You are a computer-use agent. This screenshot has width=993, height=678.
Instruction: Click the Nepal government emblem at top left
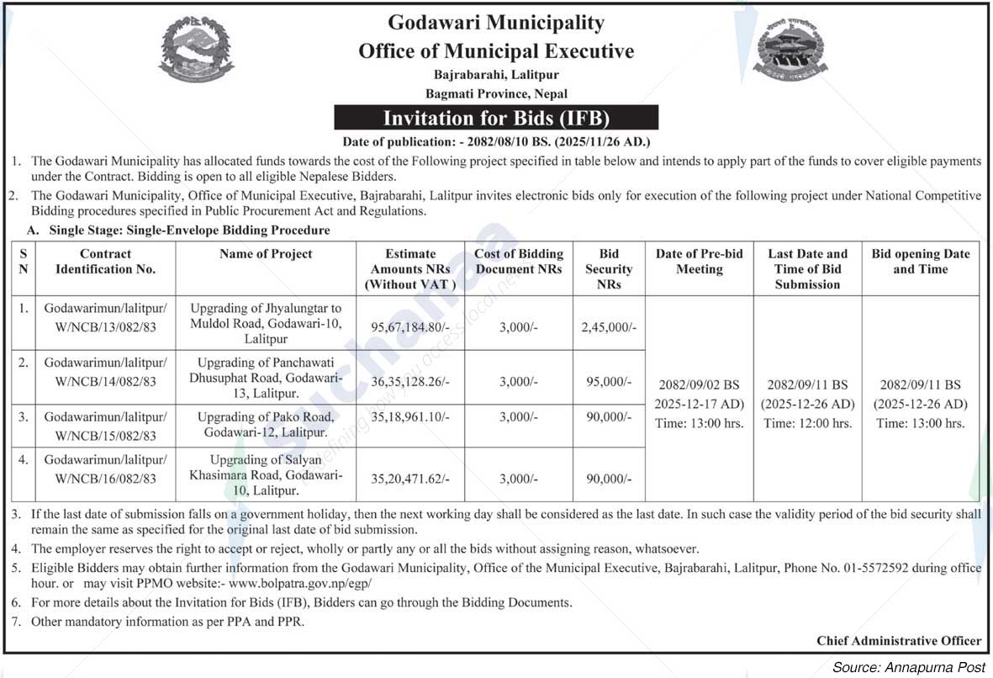point(197,48)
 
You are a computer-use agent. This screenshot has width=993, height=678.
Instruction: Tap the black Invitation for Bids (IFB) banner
point(496,118)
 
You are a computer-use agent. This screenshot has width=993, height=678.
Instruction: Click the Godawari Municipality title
point(496,22)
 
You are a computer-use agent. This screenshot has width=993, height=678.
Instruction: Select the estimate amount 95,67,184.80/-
point(410,327)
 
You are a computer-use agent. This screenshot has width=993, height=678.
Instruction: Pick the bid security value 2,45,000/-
point(608,327)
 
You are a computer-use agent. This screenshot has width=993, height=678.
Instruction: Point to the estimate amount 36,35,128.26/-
point(410,381)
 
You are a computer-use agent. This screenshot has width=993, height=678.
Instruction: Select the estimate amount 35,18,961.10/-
point(410,417)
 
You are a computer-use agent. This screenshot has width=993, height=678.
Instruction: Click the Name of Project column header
point(266,254)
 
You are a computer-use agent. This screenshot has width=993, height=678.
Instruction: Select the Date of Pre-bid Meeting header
point(699,262)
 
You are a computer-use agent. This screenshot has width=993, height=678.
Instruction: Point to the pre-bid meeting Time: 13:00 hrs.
point(699,424)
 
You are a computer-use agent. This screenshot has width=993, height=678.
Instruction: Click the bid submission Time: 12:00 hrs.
point(807,424)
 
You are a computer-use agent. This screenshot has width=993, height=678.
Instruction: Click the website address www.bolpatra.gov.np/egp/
point(299,583)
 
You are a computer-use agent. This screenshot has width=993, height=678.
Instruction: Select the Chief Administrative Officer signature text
point(898,641)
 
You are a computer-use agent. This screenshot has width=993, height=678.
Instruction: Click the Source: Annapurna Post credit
point(908,667)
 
